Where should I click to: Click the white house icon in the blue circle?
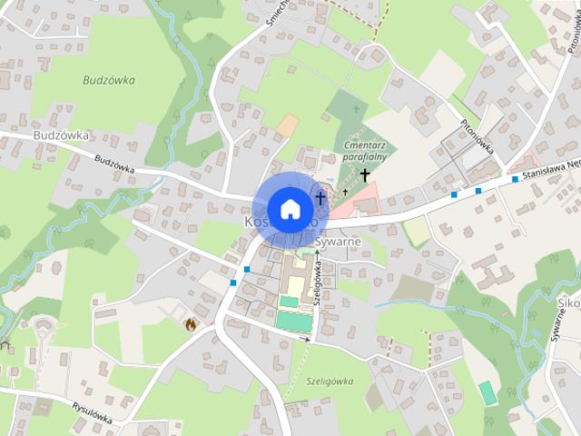290,209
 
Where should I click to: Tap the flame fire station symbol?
191,322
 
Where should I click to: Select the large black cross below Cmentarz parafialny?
365,174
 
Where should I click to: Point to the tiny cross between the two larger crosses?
345,193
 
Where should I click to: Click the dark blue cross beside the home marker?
320,196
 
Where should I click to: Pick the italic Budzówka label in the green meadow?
109,80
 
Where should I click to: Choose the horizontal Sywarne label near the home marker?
340,242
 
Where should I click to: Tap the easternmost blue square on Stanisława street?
515,179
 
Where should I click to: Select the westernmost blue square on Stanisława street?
453,194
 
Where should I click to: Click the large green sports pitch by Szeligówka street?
292,321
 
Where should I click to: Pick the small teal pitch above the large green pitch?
288,302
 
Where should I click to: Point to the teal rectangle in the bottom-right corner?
487,393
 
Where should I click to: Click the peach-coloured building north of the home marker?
287,125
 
